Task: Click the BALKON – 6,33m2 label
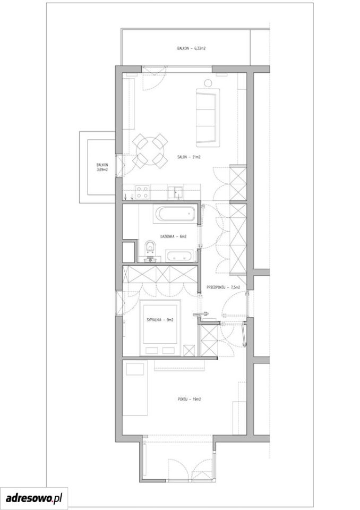191,48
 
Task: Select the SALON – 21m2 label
188,157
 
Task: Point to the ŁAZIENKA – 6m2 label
173,236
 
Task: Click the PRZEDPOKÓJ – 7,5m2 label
224,287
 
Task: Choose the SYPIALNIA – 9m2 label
160,320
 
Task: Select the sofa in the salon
207,117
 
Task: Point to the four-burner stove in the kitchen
142,192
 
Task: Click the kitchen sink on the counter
176,192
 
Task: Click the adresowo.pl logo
34,498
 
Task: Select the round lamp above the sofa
208,83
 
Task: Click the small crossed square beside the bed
189,350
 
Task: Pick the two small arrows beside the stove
128,196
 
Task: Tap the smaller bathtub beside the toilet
179,256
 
